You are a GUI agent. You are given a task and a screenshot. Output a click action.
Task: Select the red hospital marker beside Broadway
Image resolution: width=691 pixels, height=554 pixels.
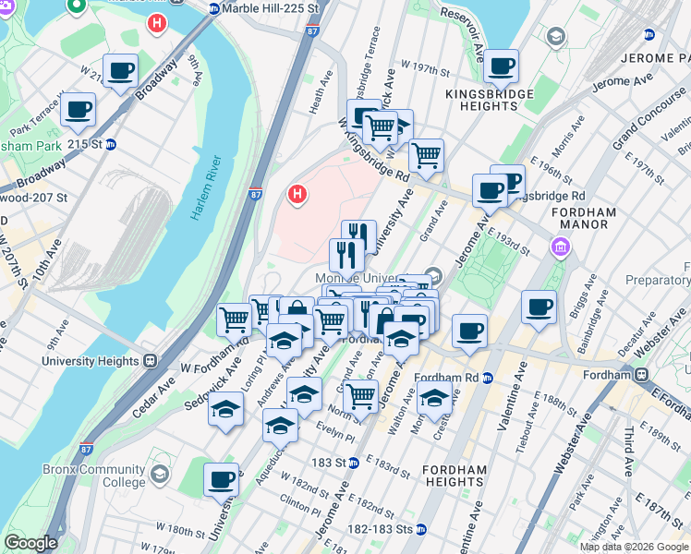pos(158,20)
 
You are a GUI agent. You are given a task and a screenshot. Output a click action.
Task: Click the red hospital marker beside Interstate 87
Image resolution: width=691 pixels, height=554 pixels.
pos(297,194)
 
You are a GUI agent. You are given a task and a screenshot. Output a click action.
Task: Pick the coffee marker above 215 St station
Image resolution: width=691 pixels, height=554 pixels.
pos(79,112)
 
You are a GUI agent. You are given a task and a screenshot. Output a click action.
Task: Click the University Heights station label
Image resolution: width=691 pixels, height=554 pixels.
pos(92,361)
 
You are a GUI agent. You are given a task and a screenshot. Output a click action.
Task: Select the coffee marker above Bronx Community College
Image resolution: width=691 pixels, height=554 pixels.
pos(222,480)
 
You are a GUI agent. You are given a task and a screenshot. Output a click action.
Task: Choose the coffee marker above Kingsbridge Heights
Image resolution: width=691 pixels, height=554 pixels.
pos(502,66)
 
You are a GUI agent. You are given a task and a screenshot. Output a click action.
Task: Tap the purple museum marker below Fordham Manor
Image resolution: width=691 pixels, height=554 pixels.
pos(559,247)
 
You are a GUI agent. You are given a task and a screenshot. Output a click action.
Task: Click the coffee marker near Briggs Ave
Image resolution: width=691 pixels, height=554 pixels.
pos(539,307)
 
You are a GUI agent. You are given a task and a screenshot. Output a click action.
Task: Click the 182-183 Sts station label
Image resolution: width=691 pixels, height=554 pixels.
pos(382,529)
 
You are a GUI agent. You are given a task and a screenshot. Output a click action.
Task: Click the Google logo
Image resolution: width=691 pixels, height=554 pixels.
pos(30,543)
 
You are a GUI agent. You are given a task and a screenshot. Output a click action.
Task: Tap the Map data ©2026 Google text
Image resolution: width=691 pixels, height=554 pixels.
pos(634,547)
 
